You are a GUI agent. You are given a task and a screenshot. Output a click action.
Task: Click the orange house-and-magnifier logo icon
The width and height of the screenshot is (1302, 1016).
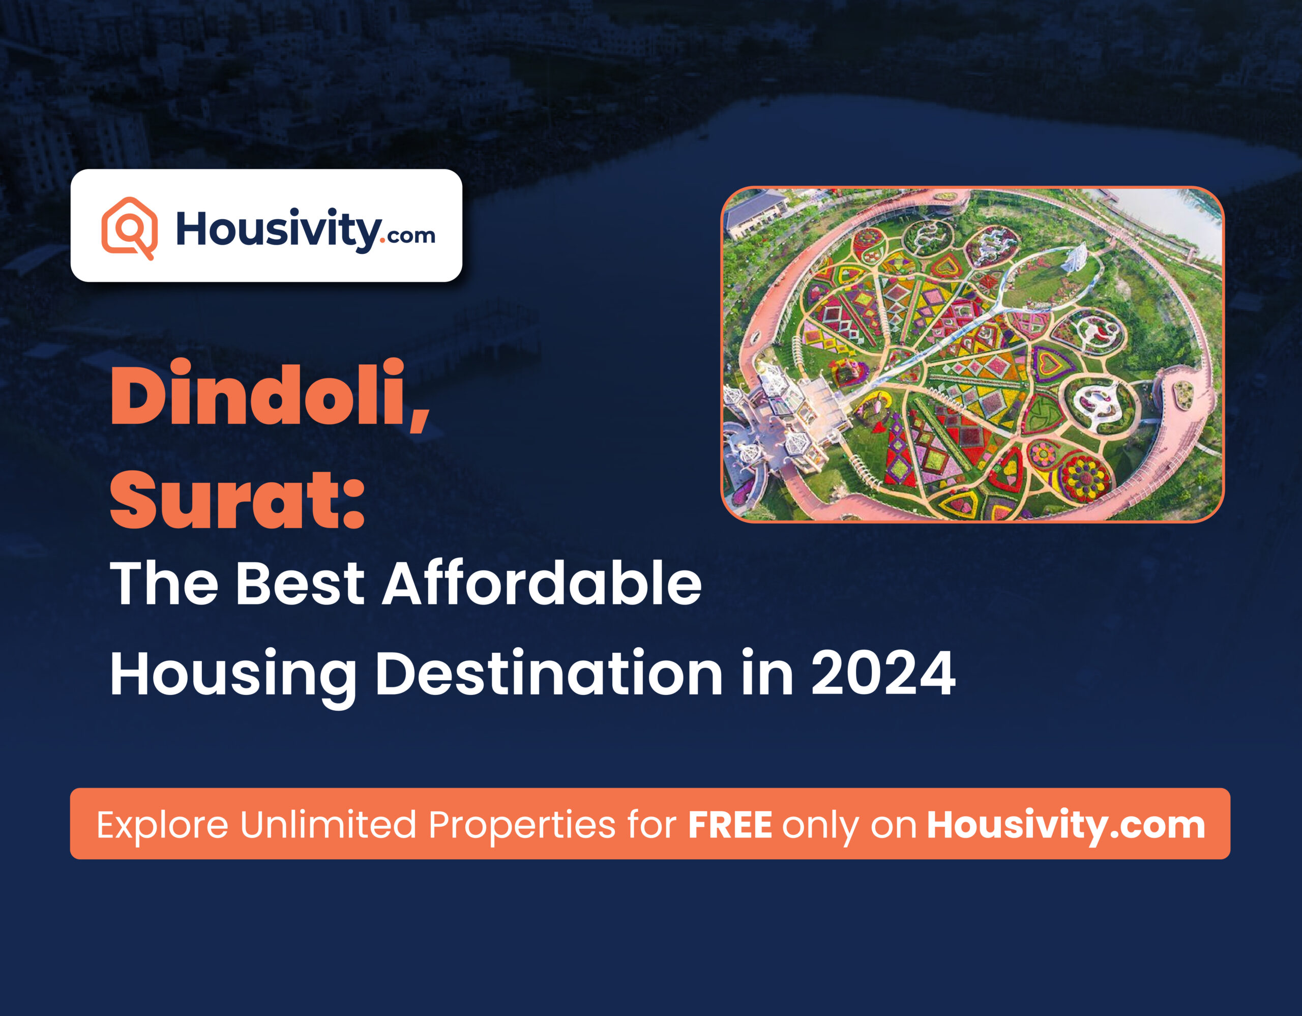pos(129,228)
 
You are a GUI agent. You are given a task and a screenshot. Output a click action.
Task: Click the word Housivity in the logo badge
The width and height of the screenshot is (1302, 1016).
pos(277,229)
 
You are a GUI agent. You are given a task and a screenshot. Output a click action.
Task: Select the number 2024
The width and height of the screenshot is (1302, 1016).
pos(883,673)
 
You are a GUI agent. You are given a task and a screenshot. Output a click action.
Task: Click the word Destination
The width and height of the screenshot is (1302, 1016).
pos(548,674)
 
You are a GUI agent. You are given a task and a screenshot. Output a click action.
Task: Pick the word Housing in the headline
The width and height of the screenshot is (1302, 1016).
pos(232,677)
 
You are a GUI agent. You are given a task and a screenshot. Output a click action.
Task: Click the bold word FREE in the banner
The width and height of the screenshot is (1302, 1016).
pos(730,825)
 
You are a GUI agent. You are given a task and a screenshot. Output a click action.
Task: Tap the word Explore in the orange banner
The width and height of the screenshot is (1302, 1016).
pos(162,826)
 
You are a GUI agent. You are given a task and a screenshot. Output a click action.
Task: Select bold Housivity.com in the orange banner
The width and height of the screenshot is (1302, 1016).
pos(1066,825)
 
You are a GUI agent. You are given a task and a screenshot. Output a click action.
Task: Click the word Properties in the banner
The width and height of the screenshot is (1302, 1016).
pos(522,826)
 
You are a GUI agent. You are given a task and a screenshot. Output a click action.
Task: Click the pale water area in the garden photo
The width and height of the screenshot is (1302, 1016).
pos(1168,218)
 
